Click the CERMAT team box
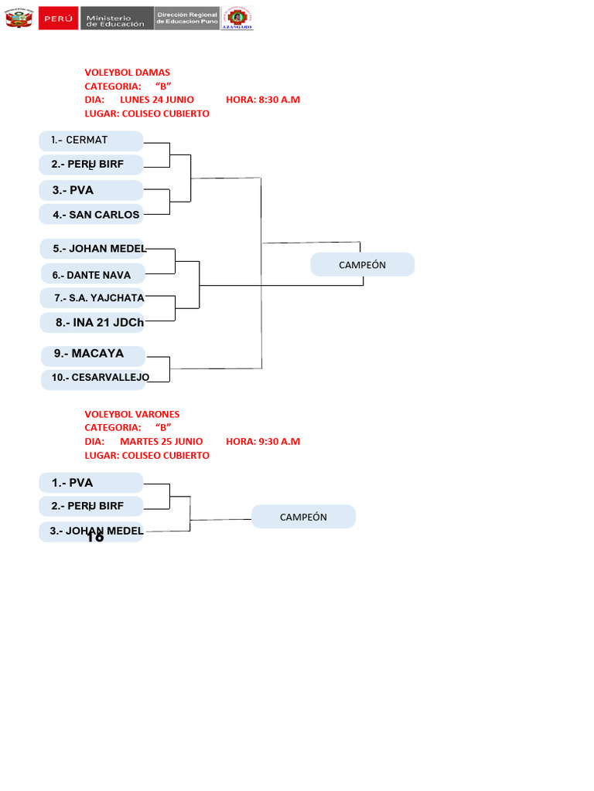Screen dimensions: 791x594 point(91,141)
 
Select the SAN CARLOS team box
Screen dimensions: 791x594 point(91,215)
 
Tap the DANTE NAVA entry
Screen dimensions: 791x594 point(92,274)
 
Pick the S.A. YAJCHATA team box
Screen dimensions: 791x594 point(93,298)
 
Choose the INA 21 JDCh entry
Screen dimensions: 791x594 point(93,323)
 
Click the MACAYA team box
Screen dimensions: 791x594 point(93,354)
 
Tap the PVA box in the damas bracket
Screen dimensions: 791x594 point(91,190)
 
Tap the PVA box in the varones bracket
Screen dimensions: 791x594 point(91,483)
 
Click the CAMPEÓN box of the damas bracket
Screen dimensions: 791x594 point(362,265)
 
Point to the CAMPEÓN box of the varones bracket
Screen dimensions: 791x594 point(303,517)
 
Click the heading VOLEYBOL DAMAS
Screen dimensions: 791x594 point(127,73)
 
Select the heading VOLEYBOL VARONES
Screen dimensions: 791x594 point(131,415)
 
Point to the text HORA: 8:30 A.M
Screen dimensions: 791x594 point(263,100)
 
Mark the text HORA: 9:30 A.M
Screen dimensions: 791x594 point(263,442)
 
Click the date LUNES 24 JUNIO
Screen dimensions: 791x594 point(157,100)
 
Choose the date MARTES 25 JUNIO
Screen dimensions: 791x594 point(161,442)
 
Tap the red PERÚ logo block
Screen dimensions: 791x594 point(58,18)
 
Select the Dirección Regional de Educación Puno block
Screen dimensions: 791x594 point(186,19)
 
